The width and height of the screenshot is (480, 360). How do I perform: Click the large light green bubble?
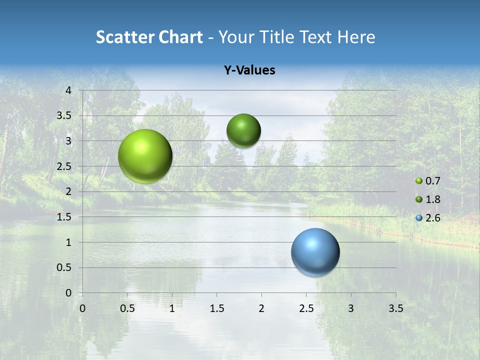(x=145, y=156)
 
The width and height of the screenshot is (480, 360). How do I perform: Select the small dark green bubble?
(x=243, y=130)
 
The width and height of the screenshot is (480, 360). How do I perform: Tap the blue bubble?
(x=315, y=252)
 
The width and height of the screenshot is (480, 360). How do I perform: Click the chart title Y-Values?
(x=249, y=70)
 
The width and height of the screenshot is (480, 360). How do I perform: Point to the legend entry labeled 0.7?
(x=428, y=181)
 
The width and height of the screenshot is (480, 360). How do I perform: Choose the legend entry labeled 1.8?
(x=428, y=199)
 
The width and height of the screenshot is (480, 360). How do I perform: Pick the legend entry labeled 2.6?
(x=428, y=218)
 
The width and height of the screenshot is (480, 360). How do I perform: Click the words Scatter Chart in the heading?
(x=149, y=37)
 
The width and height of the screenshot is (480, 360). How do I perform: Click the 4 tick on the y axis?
(x=69, y=90)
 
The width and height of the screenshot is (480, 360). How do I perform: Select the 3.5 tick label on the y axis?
(x=64, y=115)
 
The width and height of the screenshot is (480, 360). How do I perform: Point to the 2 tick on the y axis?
(x=69, y=191)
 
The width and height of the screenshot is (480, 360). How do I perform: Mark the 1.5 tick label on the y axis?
(x=64, y=217)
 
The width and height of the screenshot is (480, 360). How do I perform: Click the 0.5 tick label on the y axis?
(x=64, y=267)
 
